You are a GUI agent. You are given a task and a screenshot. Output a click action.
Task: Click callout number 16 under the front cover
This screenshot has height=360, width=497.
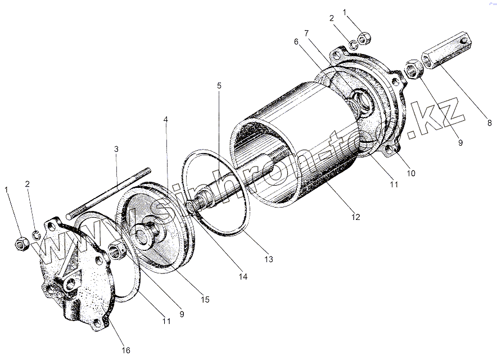(x=126, y=350)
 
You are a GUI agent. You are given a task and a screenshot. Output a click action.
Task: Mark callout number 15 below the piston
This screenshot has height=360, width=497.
(x=205, y=299)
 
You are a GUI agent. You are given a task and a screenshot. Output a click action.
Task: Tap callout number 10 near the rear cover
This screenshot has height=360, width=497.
(x=412, y=173)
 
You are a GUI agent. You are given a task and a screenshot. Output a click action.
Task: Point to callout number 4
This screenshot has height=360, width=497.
(x=166, y=120)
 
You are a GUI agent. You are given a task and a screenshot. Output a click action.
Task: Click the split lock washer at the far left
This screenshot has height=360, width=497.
(x=35, y=235)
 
